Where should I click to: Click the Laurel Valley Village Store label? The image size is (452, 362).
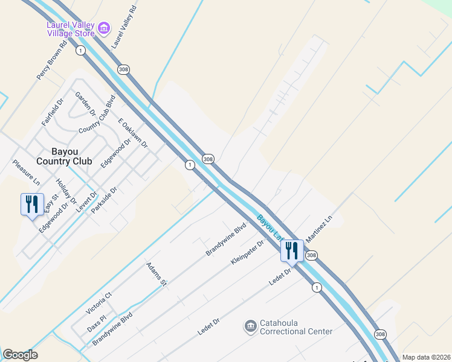point(71,29)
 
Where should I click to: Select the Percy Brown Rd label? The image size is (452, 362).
point(51,60)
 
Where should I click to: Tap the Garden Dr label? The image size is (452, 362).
point(85,104)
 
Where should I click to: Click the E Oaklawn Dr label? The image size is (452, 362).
point(133,133)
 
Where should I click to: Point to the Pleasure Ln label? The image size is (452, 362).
point(26,173)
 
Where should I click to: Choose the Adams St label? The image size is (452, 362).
point(155,275)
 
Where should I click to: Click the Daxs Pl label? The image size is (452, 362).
point(96,317)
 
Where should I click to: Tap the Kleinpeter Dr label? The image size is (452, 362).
point(248,253)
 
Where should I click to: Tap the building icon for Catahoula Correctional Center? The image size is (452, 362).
point(250,327)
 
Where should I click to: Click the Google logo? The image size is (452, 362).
point(20,355)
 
